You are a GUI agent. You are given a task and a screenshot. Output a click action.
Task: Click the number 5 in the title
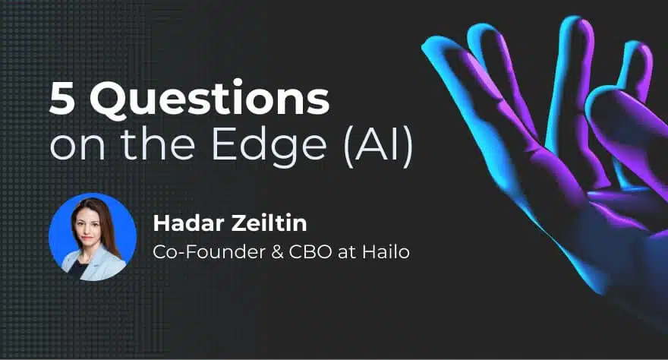(x=62, y=99)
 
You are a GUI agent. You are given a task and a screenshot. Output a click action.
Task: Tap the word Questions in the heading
(x=210, y=99)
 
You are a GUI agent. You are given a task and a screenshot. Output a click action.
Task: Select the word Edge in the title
(x=269, y=145)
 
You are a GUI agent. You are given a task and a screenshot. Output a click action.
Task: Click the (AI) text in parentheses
(x=378, y=145)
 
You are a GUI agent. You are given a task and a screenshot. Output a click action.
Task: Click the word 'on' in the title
(x=77, y=148)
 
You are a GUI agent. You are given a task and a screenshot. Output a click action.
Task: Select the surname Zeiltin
(x=269, y=223)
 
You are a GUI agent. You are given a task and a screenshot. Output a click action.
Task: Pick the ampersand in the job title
(x=277, y=252)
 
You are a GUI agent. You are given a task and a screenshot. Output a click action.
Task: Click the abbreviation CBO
(x=310, y=252)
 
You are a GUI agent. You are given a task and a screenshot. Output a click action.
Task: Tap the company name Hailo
(x=386, y=251)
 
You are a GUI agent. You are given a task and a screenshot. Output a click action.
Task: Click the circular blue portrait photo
(x=93, y=237)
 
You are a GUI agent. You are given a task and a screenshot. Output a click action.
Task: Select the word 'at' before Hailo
(x=347, y=253)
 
